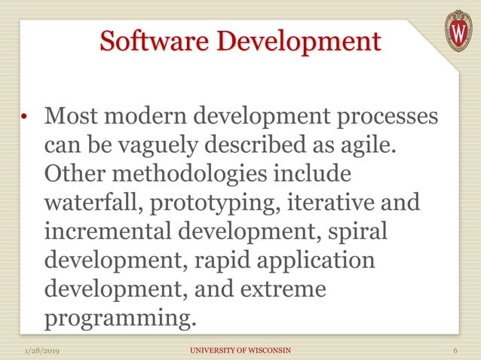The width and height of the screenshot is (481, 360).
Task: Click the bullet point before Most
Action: point(25,117)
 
